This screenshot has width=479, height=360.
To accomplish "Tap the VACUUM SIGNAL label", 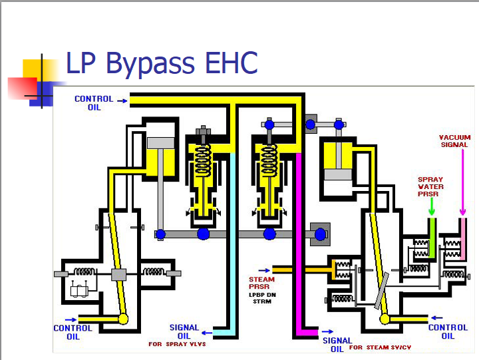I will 454,141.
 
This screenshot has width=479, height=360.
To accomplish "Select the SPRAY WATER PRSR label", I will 430,187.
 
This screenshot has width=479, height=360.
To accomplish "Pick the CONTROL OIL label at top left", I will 93,103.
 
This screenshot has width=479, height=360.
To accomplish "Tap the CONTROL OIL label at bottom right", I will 448,331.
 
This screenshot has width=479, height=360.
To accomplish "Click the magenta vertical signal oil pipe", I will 299,253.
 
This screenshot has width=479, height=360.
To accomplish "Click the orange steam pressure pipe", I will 303,270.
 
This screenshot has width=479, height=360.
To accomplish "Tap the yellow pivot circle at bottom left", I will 123,319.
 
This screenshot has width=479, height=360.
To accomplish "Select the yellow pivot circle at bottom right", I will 385,319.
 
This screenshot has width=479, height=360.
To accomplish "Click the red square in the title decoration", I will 21,87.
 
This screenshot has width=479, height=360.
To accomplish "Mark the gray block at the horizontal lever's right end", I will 321,234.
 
